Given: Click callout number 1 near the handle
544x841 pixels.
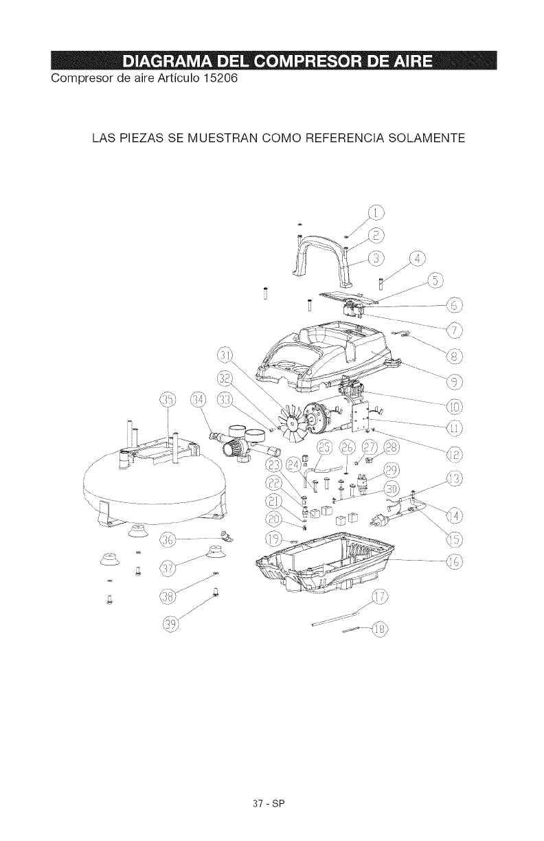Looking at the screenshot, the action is click(377, 212).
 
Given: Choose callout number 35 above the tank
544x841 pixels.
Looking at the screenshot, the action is click(167, 401).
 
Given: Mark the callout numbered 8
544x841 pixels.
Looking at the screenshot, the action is click(454, 355).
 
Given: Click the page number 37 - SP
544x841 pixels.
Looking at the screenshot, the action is click(272, 801).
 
